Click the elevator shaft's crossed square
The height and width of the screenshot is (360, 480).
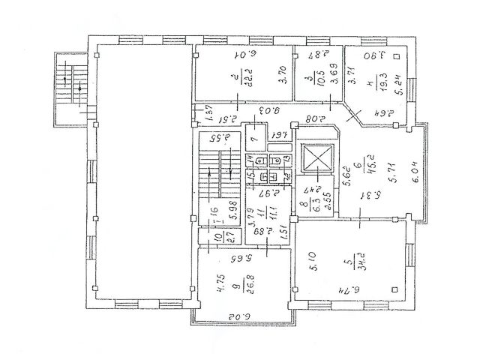tap(316, 157)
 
